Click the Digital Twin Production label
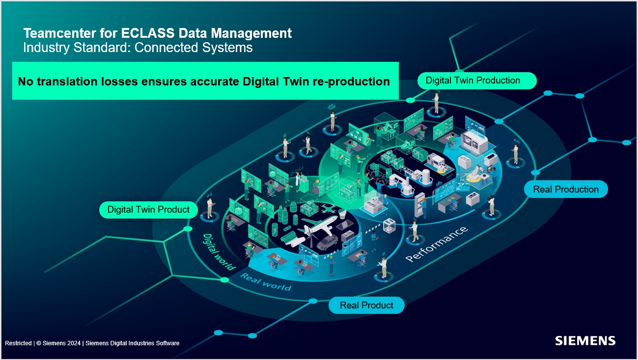coord(472,81)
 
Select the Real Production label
coord(566,189)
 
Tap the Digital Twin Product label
coord(148,210)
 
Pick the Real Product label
coord(366,305)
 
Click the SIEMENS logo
coord(585,341)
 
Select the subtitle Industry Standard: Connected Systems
coord(138,48)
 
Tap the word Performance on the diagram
coord(436,244)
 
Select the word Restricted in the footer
coord(18,343)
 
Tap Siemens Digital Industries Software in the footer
coord(133,343)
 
